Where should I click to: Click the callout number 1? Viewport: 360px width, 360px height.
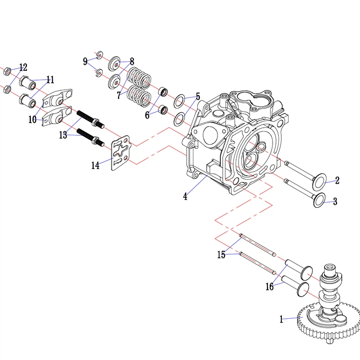click(x=281, y=318)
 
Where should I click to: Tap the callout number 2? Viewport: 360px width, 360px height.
click(x=337, y=180)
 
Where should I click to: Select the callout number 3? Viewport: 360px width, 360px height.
click(x=335, y=202)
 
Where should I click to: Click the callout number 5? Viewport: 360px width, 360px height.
click(x=197, y=96)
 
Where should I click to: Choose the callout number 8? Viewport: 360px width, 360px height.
click(x=132, y=61)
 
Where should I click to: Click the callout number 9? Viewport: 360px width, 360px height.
click(x=85, y=61)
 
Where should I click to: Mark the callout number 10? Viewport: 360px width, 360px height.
click(x=33, y=120)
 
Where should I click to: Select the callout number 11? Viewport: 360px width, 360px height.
click(x=50, y=79)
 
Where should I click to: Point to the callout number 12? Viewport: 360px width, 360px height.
click(x=23, y=67)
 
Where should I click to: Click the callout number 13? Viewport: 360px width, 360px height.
click(x=63, y=135)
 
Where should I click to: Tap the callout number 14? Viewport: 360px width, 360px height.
click(x=96, y=165)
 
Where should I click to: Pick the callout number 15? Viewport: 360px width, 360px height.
click(x=221, y=255)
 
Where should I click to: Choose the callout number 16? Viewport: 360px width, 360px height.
click(x=269, y=287)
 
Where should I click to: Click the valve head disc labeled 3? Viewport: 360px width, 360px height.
click(x=319, y=201)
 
